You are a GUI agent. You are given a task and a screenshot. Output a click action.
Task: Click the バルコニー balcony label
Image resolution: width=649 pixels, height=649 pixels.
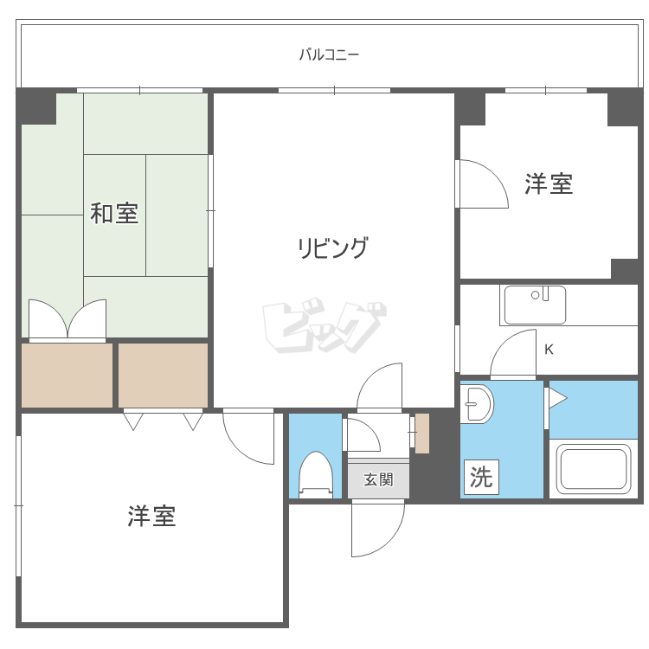pos(329,55)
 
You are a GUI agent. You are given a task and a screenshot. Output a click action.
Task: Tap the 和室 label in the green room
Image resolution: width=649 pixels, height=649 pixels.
pos(114,213)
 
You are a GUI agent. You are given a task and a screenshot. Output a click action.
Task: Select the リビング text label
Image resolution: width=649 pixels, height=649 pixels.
pos(333,248)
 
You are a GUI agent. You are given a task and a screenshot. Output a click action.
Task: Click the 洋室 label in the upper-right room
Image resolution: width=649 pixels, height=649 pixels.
pos(549,183)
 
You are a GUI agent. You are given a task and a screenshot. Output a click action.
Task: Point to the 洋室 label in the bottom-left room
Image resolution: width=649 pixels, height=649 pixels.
pos(152,516)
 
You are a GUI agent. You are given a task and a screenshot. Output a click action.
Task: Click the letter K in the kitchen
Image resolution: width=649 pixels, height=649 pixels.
pos(549,350)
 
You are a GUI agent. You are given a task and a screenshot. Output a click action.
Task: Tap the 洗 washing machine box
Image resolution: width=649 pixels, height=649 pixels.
pos(481,477)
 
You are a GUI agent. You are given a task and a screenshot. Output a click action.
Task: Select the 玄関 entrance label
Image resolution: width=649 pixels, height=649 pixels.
pos(378,479)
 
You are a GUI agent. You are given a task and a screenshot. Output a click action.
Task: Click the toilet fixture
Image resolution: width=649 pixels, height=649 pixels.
pos(316,474)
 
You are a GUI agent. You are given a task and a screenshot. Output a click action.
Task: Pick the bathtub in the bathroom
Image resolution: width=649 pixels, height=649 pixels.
pos(593,469)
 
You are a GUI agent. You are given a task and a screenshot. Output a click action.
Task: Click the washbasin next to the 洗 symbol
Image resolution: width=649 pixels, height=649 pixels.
pos(477,404)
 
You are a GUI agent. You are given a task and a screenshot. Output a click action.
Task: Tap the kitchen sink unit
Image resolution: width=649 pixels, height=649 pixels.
pos(535,305)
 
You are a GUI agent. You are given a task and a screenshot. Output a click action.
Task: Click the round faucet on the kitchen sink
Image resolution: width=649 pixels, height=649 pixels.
pos(535,295)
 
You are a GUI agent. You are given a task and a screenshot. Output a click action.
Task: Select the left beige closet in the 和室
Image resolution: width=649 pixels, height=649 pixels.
pos(67,376)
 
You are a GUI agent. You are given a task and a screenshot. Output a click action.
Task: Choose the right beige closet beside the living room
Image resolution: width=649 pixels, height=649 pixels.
pos(163,376)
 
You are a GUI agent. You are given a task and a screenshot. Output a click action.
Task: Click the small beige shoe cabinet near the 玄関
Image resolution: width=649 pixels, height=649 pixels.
pos(422,434)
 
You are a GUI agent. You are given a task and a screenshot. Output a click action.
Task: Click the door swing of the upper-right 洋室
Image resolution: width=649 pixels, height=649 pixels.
pos(497,174)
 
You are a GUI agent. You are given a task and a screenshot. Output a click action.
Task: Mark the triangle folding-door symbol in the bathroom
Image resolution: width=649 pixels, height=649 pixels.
pos(558,399)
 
